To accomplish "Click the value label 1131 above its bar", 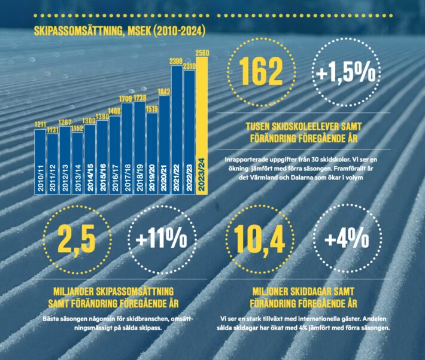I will point(53,129).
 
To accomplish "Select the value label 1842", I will point(164,91).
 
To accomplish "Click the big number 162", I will point(260,73).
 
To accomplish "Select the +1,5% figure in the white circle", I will point(345,74).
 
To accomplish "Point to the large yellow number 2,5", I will point(78,240).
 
